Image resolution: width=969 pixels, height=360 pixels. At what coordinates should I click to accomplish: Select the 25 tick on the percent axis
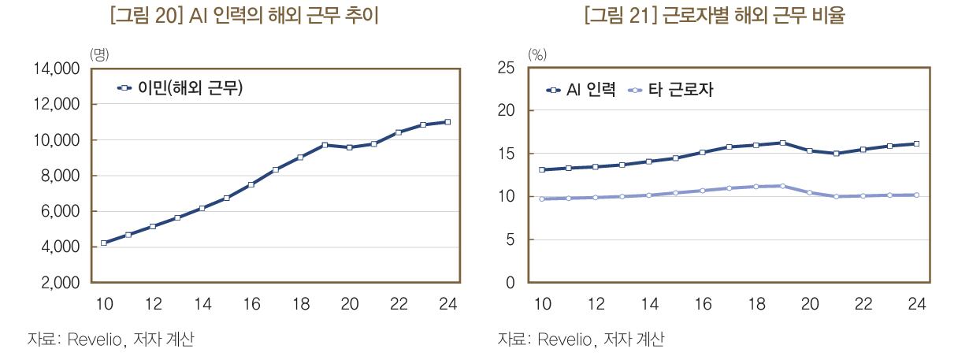(x=507, y=69)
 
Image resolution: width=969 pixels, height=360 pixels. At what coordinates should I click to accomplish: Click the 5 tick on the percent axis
(x=511, y=240)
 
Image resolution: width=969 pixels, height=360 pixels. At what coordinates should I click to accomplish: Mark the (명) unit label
(x=99, y=54)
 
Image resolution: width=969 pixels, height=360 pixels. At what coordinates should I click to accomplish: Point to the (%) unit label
(x=537, y=54)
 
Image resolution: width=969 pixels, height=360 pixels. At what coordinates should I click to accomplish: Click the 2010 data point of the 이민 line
(x=104, y=243)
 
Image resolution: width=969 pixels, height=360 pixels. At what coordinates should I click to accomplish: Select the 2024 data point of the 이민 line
(x=447, y=122)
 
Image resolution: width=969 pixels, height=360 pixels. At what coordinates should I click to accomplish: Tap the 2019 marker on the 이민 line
(x=325, y=145)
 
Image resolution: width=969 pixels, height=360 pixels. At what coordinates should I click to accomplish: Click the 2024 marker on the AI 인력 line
(x=916, y=143)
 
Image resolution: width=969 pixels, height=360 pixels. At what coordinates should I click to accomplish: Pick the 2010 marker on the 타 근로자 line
(x=542, y=199)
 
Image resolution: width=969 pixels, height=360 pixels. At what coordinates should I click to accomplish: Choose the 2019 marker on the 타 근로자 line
(x=782, y=186)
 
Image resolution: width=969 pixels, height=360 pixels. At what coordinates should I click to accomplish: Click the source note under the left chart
(x=110, y=340)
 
